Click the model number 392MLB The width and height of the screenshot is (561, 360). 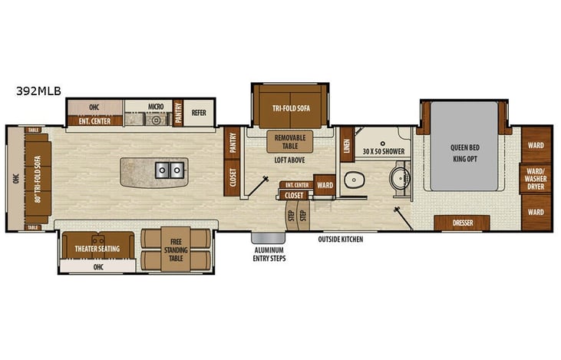[x=38, y=91]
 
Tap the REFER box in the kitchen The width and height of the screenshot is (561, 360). [x=200, y=113]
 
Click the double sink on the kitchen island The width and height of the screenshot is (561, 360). [x=170, y=170]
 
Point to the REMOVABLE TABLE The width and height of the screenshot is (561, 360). [x=289, y=141]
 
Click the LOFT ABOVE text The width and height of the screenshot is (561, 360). [x=290, y=160]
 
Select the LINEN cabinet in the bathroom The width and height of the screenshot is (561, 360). [x=346, y=146]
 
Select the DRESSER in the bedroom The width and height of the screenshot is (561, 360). [x=462, y=223]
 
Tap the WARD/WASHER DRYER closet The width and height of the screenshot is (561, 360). [x=536, y=179]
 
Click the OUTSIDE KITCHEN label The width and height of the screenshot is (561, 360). [x=341, y=239]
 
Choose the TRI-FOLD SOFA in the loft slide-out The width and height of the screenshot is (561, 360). [x=289, y=108]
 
